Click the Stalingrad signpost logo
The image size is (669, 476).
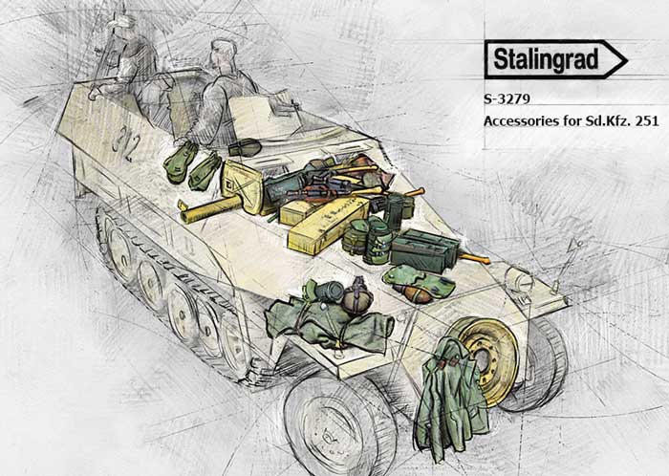point(555,59)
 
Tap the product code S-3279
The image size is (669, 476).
point(507,99)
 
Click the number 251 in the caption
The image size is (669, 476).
point(647,121)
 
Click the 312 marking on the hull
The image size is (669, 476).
point(126,142)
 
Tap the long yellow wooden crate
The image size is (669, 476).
point(328,224)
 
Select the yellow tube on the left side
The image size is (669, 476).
point(210,209)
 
